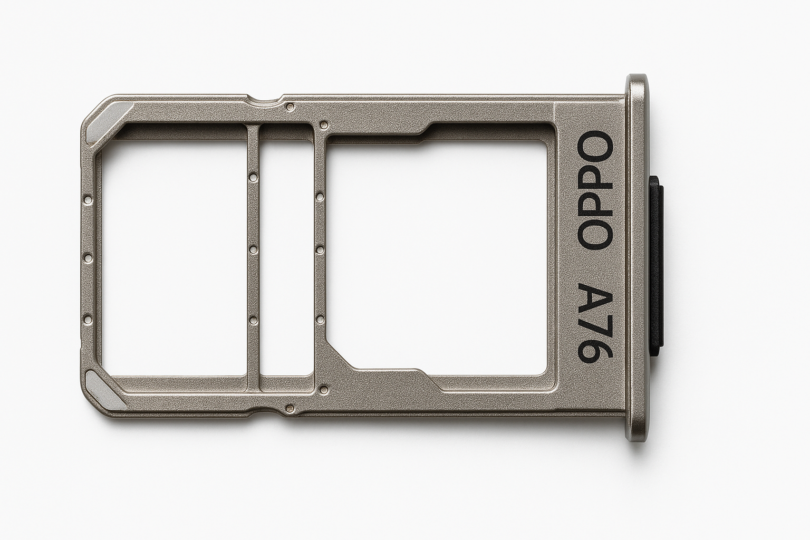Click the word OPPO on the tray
coord(596,190)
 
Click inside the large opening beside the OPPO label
coord(438,253)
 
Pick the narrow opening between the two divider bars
coord(286,253)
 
